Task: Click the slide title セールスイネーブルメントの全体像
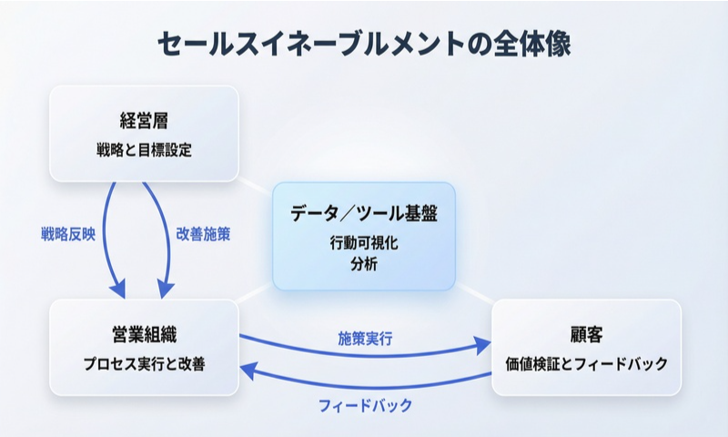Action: click(x=364, y=44)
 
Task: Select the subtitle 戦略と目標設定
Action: click(x=144, y=149)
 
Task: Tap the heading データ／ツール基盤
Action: click(x=364, y=215)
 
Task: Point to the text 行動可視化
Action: click(x=364, y=244)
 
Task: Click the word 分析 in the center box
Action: click(x=364, y=265)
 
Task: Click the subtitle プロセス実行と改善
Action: click(x=144, y=364)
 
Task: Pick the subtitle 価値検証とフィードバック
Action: click(x=586, y=364)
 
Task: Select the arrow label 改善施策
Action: click(x=203, y=234)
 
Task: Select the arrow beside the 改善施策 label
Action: click(x=170, y=237)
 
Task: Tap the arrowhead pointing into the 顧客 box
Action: click(x=482, y=346)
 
